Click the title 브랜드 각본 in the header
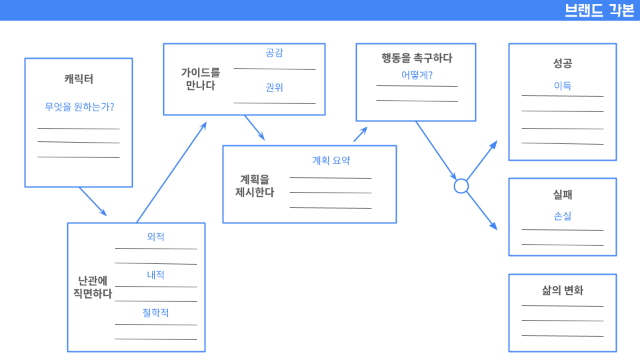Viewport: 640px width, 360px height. pos(599,11)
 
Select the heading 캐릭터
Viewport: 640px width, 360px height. pos(79,79)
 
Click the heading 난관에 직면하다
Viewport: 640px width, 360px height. pos(92,287)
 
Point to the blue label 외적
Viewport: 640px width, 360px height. pos(155,237)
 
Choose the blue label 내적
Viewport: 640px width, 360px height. pos(155,275)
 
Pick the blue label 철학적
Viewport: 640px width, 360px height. pos(155,313)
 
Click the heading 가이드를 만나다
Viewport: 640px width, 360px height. pos(200,78)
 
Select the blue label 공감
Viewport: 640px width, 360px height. pos(274,53)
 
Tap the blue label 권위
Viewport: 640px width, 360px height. pos(274,87)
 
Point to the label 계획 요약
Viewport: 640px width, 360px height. pos(331,161)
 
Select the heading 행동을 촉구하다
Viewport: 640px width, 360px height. pos(417,58)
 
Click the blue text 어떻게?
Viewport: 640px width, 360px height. pos(417,75)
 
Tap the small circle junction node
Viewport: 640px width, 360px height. pos(461,186)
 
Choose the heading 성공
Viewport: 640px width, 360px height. pos(562,64)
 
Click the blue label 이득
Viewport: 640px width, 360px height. pos(562,86)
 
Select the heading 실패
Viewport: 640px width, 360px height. pos(562,195)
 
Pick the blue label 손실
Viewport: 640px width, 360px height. pos(562,216)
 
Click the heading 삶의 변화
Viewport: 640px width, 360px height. pos(562,291)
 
